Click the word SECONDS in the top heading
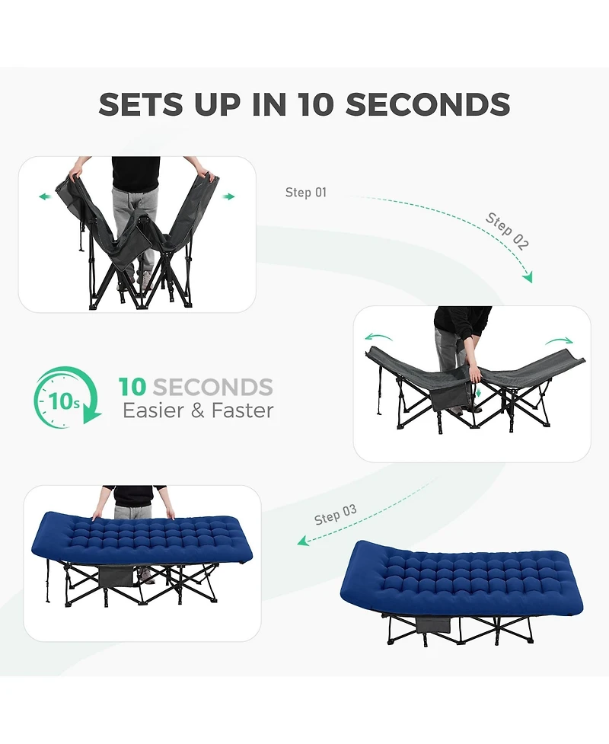point(427,104)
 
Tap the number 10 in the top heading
point(316,104)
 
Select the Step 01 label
point(306,192)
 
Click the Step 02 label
point(507,231)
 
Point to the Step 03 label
point(335,515)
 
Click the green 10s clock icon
point(67,398)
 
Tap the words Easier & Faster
point(198,410)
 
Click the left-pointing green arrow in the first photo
point(45,196)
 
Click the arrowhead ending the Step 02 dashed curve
point(528,277)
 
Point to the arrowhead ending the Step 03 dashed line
point(303,541)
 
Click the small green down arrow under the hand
point(478,392)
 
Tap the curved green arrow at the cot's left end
point(378,337)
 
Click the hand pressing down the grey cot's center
point(475,375)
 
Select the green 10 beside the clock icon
point(132,387)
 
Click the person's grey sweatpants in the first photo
point(133,223)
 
